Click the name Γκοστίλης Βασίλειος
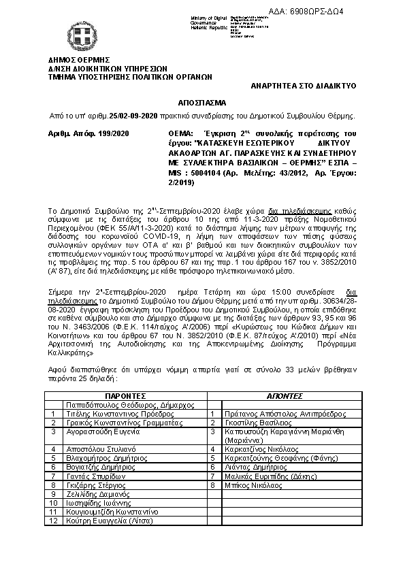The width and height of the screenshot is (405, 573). [x=248, y=422]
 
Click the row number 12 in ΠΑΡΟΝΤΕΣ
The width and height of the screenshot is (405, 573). [x=52, y=521]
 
